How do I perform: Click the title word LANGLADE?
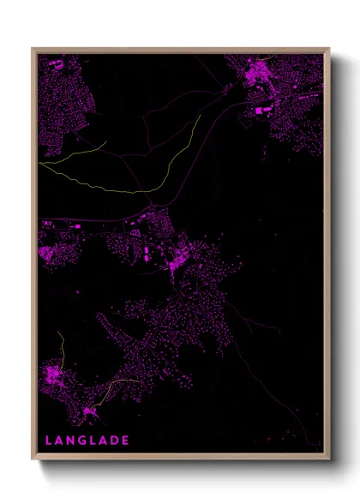click(87, 441)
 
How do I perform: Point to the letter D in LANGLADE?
click(114, 441)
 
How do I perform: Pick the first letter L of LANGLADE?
click(48, 441)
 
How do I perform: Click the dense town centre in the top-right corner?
click(257, 75)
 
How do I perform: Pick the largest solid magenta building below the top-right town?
click(261, 110)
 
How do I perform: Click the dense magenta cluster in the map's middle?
click(178, 257)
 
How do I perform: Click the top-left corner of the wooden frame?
click(33, 49)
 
